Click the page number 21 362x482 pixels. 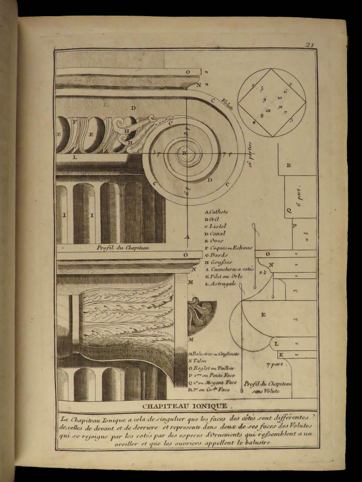(x=309, y=45)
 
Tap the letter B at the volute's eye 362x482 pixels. (x=185, y=153)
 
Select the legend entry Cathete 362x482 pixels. (x=218, y=212)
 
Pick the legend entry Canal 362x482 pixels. (x=217, y=233)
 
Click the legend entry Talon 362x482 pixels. (x=197, y=361)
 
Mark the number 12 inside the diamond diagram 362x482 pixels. (x=268, y=110)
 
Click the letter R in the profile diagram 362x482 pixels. (x=288, y=165)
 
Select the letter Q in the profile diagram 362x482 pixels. (x=288, y=210)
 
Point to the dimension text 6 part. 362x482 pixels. (x=299, y=198)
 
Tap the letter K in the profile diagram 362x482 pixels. (x=281, y=354)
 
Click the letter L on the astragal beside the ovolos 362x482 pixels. (x=75, y=157)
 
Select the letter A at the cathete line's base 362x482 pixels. (x=187, y=237)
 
